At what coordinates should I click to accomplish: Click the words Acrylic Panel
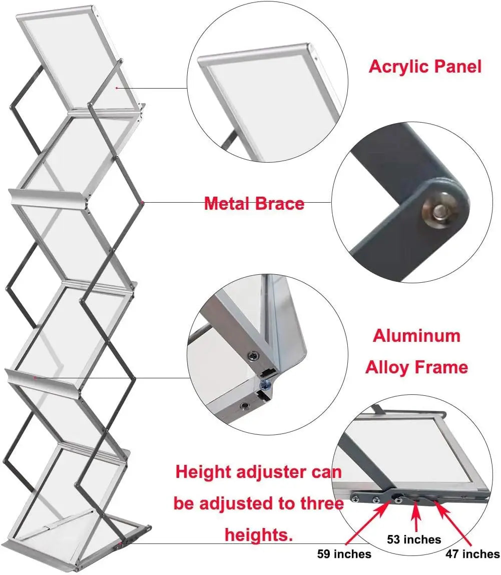[x=425, y=67]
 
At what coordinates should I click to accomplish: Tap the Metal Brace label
[x=254, y=204]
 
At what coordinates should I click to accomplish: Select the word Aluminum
[x=416, y=335]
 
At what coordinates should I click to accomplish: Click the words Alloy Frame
[x=416, y=367]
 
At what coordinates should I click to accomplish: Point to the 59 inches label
[x=344, y=554]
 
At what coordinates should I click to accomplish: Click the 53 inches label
[x=413, y=539]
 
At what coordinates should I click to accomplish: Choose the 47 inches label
[x=472, y=554]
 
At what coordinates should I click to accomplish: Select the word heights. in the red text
[x=258, y=535]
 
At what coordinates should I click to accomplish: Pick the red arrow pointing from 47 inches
[x=453, y=523]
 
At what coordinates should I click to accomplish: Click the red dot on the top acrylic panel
[x=117, y=88]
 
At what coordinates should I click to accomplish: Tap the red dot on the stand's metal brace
[x=143, y=203]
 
